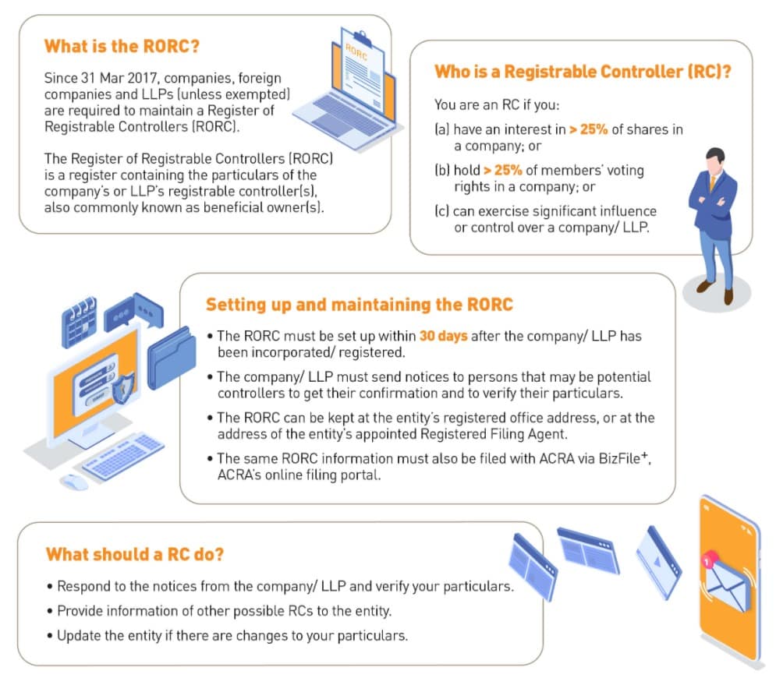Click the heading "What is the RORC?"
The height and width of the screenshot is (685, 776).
(x=122, y=46)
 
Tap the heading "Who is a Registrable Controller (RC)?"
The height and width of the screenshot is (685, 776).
(x=583, y=72)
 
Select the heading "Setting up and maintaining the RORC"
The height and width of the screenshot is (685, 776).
(x=360, y=304)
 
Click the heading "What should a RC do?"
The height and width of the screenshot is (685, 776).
(x=135, y=554)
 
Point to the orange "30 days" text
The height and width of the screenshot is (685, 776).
(x=444, y=336)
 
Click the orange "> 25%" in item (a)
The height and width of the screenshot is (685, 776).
(x=588, y=129)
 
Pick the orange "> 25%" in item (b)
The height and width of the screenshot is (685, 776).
(x=503, y=170)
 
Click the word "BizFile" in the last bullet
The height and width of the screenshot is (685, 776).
(x=619, y=458)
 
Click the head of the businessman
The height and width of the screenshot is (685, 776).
(x=714, y=159)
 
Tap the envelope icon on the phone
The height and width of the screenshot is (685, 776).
(x=727, y=587)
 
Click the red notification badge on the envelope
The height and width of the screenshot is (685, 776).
(x=709, y=560)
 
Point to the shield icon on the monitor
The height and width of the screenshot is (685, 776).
(x=122, y=387)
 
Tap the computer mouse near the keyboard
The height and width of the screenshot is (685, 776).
(x=74, y=482)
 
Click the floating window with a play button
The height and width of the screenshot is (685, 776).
(x=658, y=562)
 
